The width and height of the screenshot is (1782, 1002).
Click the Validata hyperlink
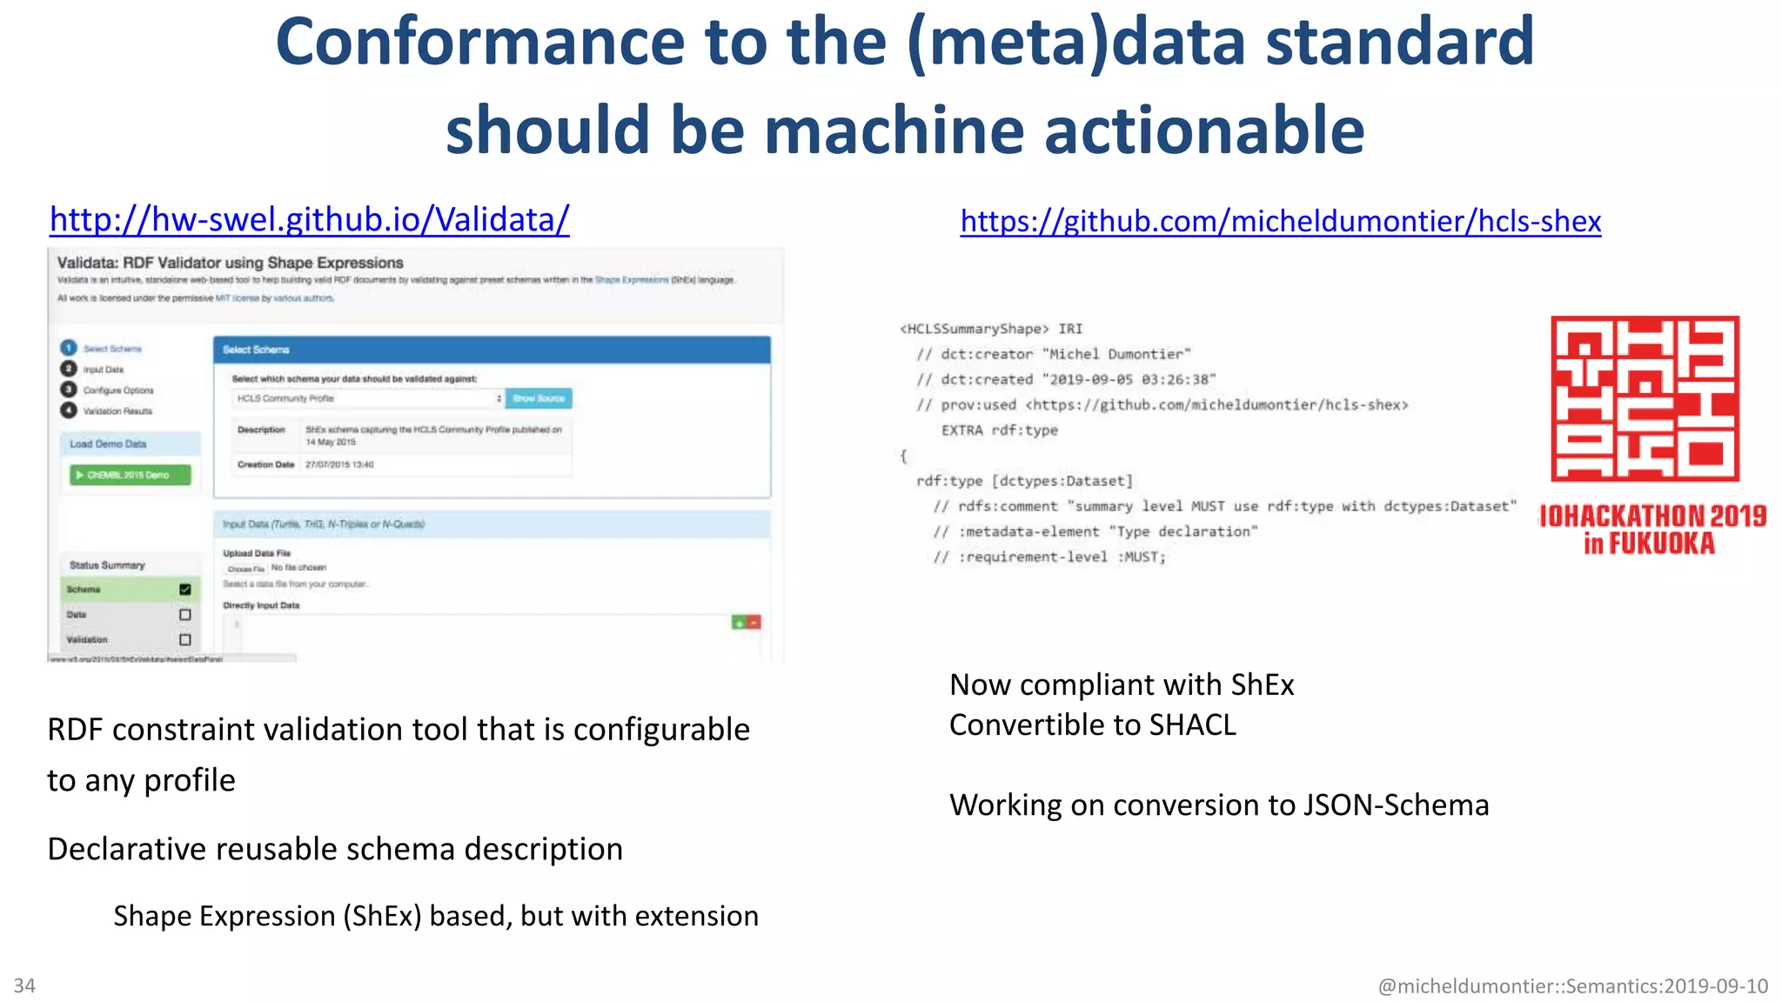point(309,220)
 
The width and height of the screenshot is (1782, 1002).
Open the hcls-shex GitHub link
point(1280,222)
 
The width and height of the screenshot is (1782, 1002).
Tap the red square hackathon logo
point(1645,398)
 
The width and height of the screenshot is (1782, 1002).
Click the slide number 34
point(24,985)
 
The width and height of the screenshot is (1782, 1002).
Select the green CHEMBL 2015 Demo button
point(130,475)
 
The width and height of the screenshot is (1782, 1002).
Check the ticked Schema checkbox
point(184,590)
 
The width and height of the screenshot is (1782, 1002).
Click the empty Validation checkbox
point(184,639)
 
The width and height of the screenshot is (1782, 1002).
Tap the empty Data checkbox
point(184,614)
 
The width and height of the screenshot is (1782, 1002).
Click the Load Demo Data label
point(108,444)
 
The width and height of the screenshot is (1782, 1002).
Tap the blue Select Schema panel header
point(492,350)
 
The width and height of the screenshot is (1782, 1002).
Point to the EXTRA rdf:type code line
point(999,431)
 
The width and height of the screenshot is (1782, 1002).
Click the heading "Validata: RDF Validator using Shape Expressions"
point(231,263)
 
